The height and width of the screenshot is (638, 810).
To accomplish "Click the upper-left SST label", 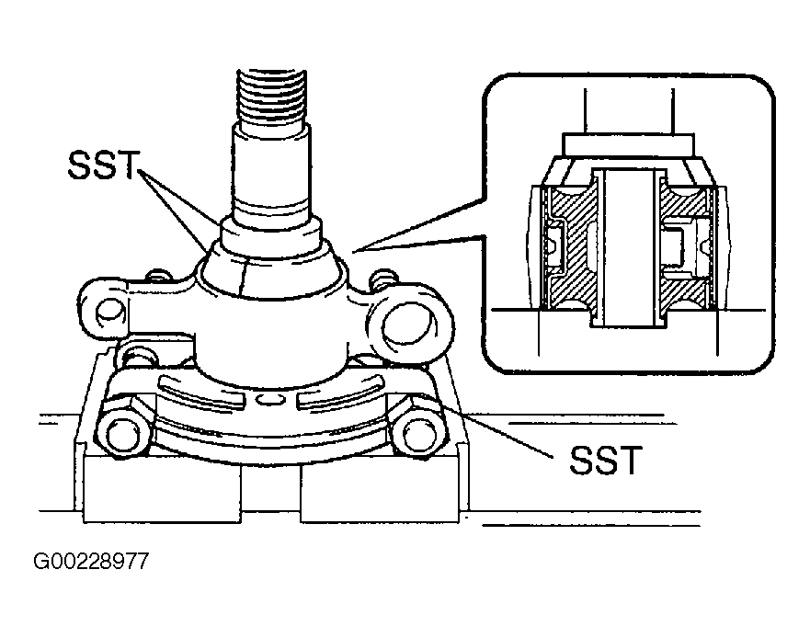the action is coord(103,165).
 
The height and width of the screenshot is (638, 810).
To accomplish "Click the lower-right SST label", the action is coord(606,460).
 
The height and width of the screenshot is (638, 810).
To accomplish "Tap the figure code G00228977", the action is coord(91,561).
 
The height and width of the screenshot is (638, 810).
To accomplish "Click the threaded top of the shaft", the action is coord(272,97).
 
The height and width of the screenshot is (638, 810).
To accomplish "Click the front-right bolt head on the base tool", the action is coord(416,433).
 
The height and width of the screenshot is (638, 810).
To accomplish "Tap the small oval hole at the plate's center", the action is coord(269,399).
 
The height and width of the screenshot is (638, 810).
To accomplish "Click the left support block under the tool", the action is coord(162,489).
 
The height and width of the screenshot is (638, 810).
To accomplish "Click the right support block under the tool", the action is coord(380,489).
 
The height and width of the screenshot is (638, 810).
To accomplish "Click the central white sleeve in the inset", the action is coord(628,248).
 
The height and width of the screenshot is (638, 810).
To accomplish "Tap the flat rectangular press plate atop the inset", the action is coord(629,145).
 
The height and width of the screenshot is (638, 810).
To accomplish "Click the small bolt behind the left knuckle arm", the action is coord(157,276).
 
